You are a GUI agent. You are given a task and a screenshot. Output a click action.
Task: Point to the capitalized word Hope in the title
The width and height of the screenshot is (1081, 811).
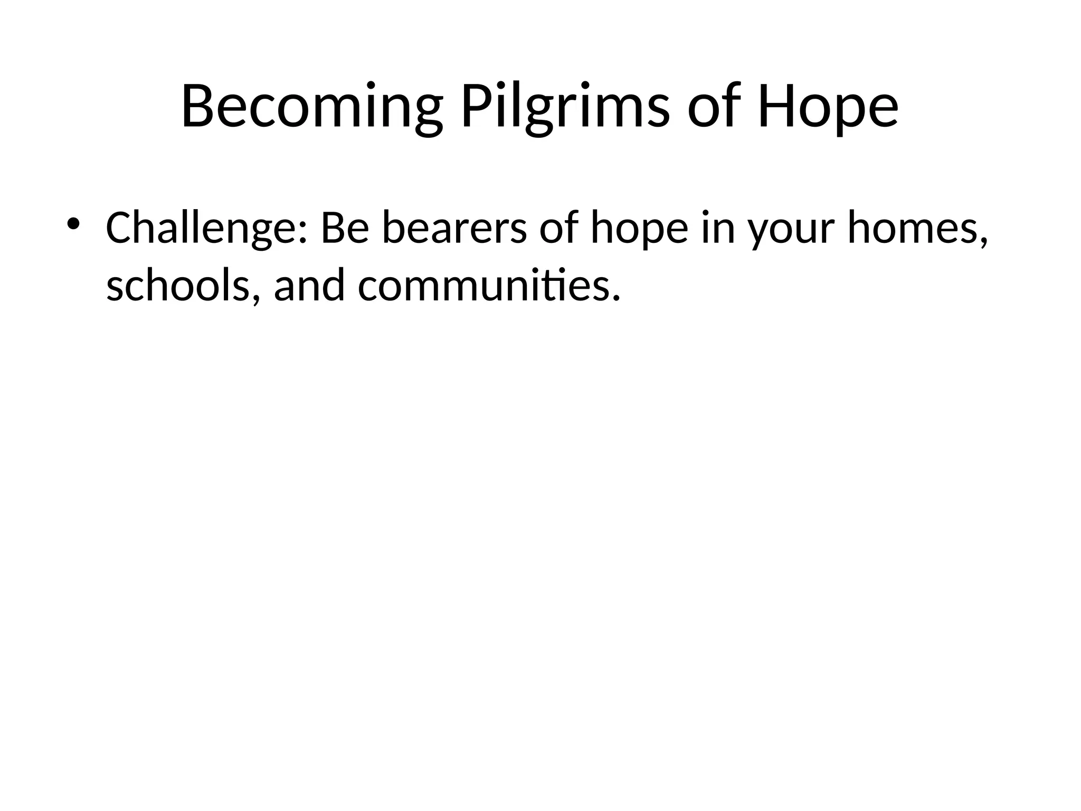click(x=827, y=107)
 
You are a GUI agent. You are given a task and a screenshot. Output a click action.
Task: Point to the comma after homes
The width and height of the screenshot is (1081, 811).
click(x=983, y=243)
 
